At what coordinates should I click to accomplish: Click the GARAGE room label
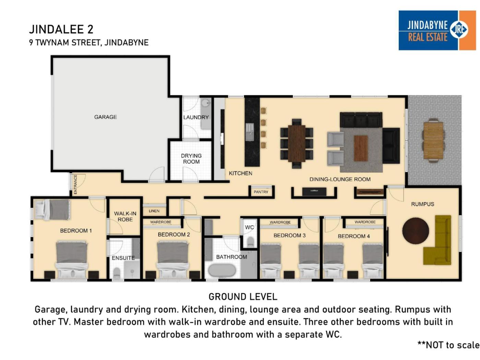[x=105, y=117]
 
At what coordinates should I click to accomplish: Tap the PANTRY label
[x=261, y=192]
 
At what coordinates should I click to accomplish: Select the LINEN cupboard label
[x=154, y=211]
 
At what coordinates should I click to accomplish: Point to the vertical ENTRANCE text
[x=75, y=184]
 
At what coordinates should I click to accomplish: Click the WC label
[x=249, y=227]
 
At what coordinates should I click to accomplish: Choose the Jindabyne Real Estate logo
[x=437, y=31]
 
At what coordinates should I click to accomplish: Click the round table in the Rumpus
[x=416, y=231]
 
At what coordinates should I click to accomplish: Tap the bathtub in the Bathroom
[x=222, y=271]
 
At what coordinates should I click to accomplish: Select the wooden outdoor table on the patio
[x=434, y=141]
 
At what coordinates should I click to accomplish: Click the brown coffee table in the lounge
[x=361, y=148]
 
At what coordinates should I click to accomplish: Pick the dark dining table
[x=297, y=143]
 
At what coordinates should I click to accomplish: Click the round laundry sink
[x=205, y=103]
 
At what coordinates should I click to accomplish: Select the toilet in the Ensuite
[x=117, y=273]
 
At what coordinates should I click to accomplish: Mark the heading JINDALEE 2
[x=61, y=29]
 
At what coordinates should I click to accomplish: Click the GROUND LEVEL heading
[x=243, y=297]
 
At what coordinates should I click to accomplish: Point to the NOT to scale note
[x=448, y=345]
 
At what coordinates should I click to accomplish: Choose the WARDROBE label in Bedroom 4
[x=365, y=222]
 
